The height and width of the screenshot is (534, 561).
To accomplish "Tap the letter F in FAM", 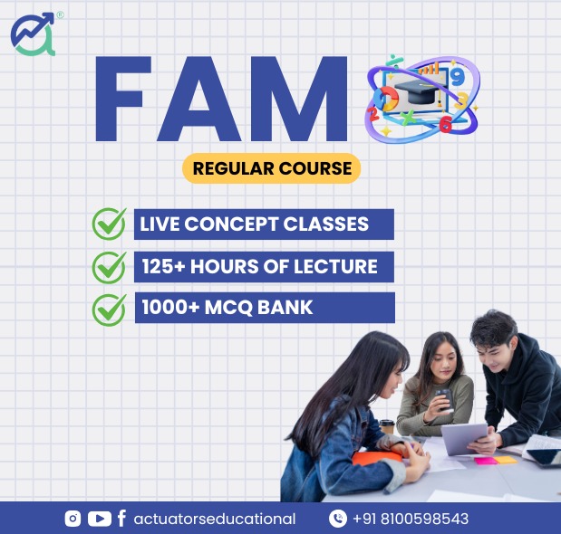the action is click(x=122, y=99).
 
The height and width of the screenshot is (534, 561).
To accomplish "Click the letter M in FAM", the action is click(x=299, y=99).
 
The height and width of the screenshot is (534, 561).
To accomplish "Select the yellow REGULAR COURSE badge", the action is click(x=272, y=168).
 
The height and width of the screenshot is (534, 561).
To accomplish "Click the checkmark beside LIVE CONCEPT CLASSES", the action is click(x=109, y=224).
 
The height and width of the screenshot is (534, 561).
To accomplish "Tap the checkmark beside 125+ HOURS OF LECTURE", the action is click(x=109, y=268).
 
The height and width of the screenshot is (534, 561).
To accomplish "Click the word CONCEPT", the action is click(x=231, y=224).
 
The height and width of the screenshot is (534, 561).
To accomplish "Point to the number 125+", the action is click(x=163, y=266).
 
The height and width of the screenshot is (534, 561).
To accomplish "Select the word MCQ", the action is click(x=228, y=308).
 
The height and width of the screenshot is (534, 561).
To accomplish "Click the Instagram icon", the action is click(x=73, y=519).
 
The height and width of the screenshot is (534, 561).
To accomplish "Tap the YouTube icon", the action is click(x=100, y=519).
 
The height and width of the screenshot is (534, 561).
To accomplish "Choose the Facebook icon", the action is click(x=121, y=519).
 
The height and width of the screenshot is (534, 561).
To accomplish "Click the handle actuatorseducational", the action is click(x=215, y=519).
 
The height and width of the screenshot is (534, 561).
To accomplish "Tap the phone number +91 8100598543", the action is click(x=411, y=519).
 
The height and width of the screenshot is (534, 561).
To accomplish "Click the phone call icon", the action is click(x=338, y=519).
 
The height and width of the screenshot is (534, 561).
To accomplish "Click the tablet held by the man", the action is click(x=464, y=439).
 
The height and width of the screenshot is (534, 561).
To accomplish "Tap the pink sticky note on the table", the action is click(x=486, y=461).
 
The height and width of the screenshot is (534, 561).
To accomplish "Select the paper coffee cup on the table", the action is click(x=387, y=427).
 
